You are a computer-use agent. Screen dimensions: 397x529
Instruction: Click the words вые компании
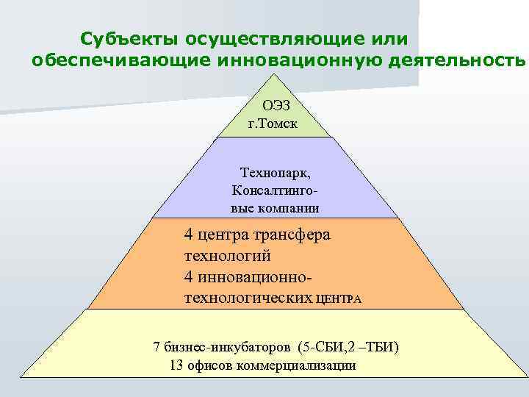coord(275,207)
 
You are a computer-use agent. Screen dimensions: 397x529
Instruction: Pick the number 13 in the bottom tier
coord(176,365)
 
